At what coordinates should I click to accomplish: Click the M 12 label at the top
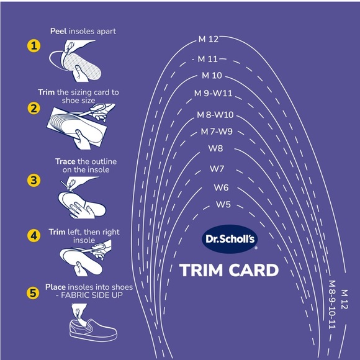pos(209,39)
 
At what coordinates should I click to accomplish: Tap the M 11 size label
pos(208,60)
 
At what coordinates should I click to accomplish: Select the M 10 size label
pos(212,76)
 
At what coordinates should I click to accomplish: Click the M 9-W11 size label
pos(213,94)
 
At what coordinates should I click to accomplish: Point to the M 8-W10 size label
pos(215,115)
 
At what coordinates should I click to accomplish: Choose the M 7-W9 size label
pos(217,132)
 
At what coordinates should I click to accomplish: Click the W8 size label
pos(215,148)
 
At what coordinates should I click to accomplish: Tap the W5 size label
pos(223,204)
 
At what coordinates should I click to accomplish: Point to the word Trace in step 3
pos(65,161)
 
